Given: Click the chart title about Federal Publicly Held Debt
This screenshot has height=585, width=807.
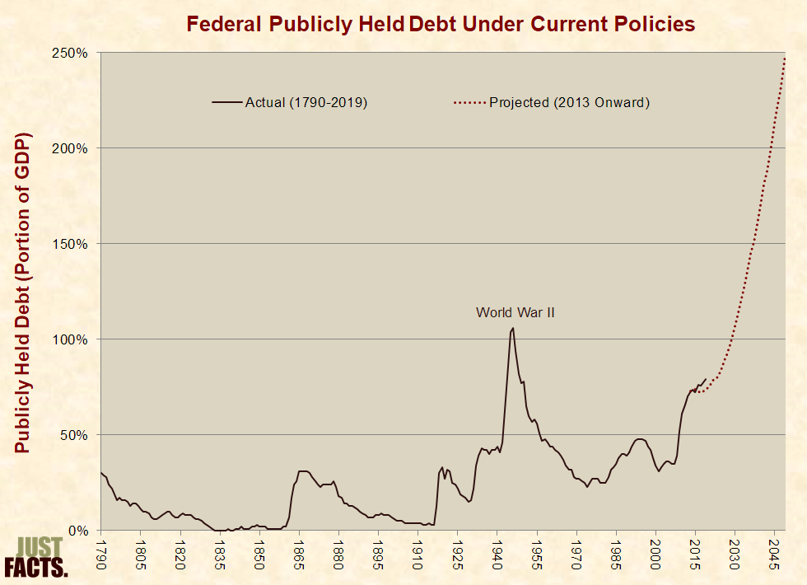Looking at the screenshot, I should [441, 23].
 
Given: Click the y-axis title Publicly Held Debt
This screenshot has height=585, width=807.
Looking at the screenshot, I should [22, 292].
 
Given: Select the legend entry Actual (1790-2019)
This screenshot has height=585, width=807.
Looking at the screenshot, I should [306, 103].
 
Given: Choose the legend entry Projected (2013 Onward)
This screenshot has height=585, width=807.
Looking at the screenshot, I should [569, 103].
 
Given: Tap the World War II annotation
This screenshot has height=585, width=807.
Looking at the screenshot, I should [515, 312].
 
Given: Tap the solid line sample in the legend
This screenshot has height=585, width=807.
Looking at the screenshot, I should [227, 103].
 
